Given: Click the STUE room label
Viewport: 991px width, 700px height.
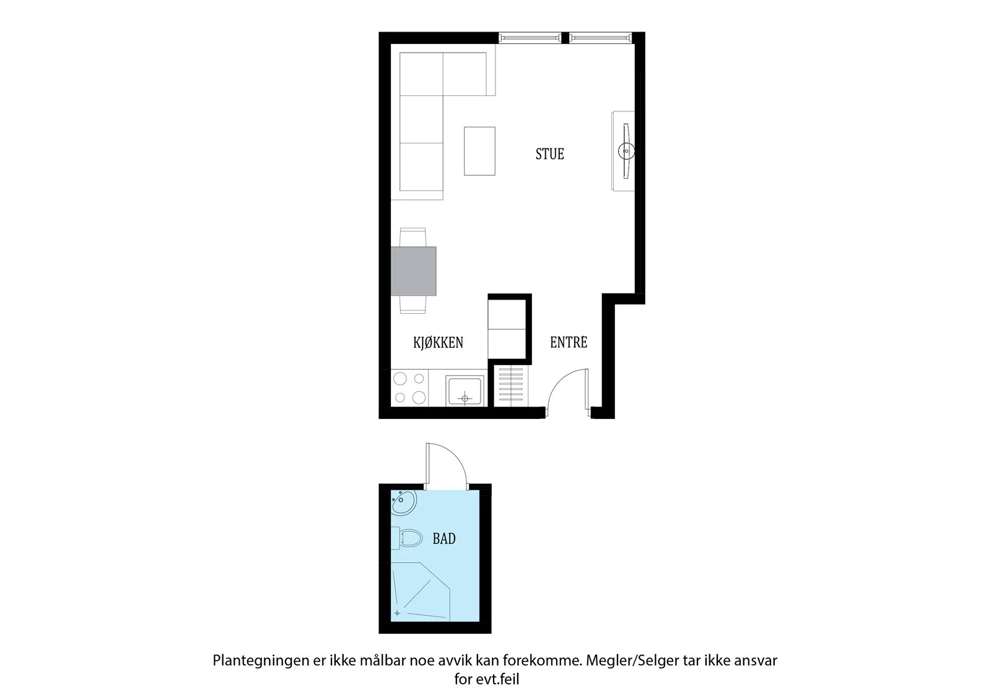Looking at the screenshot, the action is point(549,154).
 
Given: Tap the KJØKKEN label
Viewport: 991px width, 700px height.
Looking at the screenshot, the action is point(438,342).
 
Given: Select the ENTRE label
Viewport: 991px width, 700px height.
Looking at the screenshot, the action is point(569,342).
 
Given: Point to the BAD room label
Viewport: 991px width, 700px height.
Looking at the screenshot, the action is point(443,538).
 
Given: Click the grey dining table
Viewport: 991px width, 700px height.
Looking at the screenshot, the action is point(413,271).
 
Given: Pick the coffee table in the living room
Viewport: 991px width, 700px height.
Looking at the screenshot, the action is point(479,151).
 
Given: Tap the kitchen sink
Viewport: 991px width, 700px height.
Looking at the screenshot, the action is point(465,391).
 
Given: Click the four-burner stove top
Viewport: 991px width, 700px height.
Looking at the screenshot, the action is point(409,388).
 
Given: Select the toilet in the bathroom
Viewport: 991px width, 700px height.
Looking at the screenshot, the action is point(406,538).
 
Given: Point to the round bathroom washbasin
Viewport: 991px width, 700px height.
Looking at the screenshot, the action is point(403,503).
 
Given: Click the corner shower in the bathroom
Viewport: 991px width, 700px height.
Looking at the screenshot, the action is point(421,592).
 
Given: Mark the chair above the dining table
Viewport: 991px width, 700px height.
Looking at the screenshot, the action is point(413,238).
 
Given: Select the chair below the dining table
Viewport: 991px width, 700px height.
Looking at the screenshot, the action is point(413,305).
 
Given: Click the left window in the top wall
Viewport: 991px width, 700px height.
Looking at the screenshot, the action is point(530,38).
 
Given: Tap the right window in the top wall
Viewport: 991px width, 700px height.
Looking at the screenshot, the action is point(601,38).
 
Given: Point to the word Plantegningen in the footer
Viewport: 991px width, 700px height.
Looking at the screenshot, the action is point(261,661).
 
